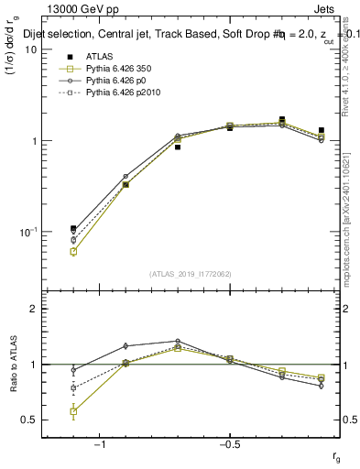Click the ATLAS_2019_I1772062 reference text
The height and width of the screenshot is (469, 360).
coord(191,273)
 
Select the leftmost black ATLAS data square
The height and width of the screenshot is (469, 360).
coord(73,229)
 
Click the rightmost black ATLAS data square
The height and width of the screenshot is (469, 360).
coord(321,131)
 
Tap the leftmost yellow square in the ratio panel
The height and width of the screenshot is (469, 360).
coord(73,411)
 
